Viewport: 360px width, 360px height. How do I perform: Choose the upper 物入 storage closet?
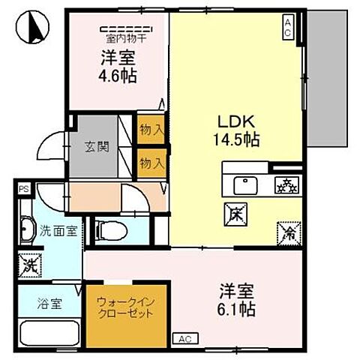(x=151, y=130)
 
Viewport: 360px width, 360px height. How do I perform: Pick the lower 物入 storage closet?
(x=151, y=161)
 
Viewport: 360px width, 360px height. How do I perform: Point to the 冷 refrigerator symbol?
(x=289, y=232)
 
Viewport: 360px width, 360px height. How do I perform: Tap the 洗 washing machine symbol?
(x=29, y=263)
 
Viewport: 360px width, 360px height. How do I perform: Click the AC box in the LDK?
(x=289, y=27)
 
